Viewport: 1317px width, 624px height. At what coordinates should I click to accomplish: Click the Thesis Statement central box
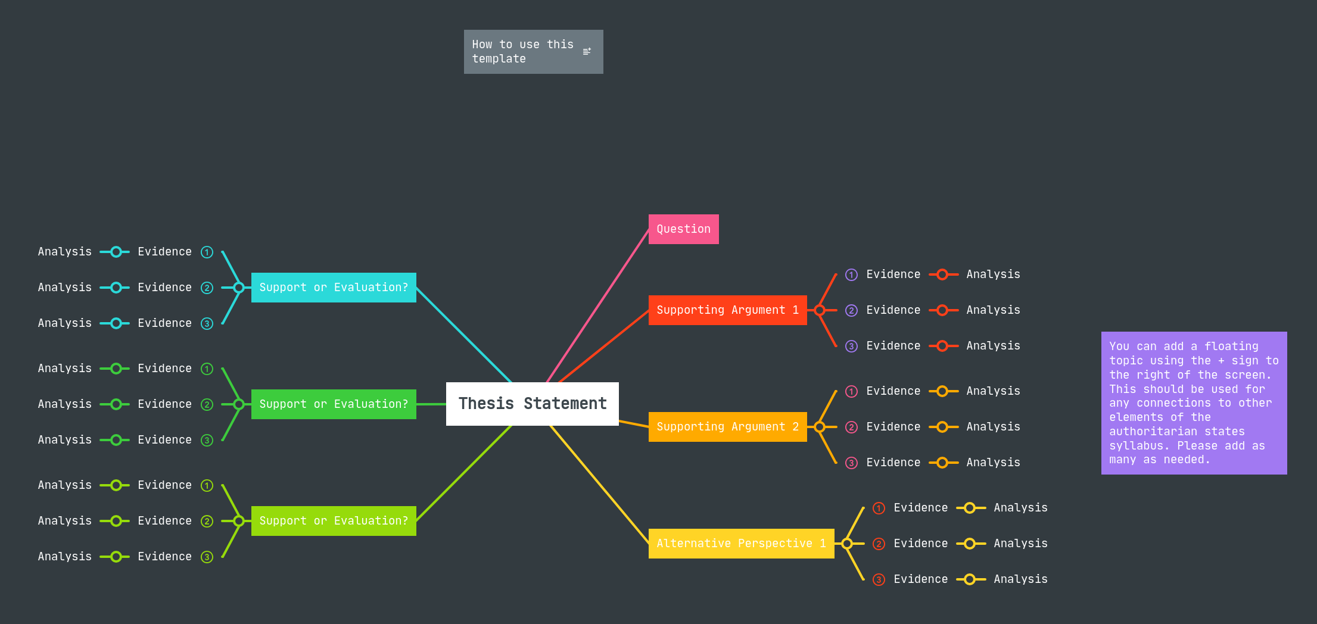(x=532, y=404)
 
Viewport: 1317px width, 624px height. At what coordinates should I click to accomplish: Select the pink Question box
(x=683, y=229)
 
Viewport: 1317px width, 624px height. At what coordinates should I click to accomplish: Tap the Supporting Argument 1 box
(x=727, y=310)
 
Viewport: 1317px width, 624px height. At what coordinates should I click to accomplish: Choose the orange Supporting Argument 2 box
(x=727, y=427)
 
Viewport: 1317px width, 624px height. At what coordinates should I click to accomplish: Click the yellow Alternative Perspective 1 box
(x=740, y=544)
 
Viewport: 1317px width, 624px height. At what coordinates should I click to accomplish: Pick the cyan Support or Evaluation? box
(x=334, y=288)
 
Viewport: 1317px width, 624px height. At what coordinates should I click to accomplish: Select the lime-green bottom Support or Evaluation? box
(x=334, y=521)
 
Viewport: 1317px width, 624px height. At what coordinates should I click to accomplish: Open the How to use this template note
(x=522, y=52)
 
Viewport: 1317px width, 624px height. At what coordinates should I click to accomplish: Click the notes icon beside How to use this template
(x=587, y=52)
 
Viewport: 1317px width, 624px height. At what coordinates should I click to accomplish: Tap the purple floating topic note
(x=1194, y=403)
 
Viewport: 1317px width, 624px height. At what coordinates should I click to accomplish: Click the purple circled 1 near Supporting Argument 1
(x=852, y=274)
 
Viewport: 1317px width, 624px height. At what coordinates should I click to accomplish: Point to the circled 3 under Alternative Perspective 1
(x=879, y=579)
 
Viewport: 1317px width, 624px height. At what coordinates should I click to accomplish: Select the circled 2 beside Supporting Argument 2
(x=852, y=427)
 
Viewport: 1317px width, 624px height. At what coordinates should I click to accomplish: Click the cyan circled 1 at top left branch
(x=207, y=252)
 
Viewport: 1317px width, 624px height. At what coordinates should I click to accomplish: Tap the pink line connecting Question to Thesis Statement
(x=597, y=305)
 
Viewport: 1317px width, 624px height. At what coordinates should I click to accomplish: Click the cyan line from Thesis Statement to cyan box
(x=463, y=335)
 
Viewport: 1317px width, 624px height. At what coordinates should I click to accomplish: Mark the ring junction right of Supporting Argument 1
(x=820, y=310)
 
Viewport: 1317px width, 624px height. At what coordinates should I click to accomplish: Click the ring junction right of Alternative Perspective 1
(x=847, y=544)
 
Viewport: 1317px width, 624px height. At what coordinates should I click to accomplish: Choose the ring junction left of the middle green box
(x=239, y=404)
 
